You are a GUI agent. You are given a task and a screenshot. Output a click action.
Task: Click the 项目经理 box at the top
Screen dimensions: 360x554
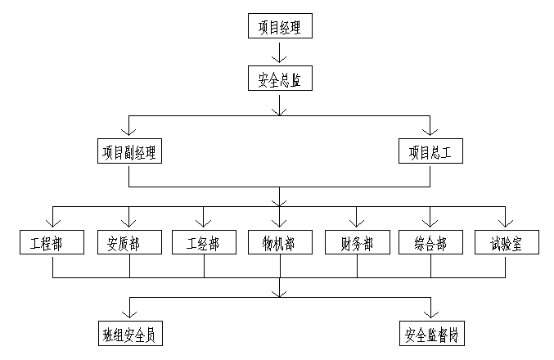[280, 26]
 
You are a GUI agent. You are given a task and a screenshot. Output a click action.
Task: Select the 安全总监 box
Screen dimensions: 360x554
[280, 79]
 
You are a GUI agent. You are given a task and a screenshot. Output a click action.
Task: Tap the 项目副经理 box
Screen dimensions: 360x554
[128, 152]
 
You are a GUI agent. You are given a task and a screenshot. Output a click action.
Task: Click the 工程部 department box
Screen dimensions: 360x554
[52, 243]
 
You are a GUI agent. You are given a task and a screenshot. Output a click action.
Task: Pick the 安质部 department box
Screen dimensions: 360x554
[128, 243]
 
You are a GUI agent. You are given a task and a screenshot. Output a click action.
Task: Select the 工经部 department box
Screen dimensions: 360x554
[204, 243]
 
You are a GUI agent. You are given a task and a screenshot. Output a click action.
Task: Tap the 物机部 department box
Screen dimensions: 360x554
[280, 243]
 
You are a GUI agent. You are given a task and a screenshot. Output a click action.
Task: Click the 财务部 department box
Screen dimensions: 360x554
[355, 243]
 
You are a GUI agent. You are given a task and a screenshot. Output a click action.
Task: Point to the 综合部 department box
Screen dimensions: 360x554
[430, 243]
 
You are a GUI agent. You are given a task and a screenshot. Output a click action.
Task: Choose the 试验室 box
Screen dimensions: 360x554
[507, 243]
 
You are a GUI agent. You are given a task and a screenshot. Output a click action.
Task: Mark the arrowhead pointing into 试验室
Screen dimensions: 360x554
[507, 223]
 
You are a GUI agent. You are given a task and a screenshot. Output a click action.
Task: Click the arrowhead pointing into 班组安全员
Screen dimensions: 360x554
[128, 313]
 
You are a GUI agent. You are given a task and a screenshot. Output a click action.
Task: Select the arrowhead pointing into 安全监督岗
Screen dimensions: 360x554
[430, 313]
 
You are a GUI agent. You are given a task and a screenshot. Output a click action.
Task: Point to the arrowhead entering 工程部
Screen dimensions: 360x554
[52, 223]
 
